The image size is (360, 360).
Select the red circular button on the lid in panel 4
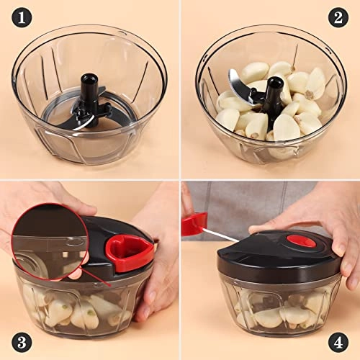301,240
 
